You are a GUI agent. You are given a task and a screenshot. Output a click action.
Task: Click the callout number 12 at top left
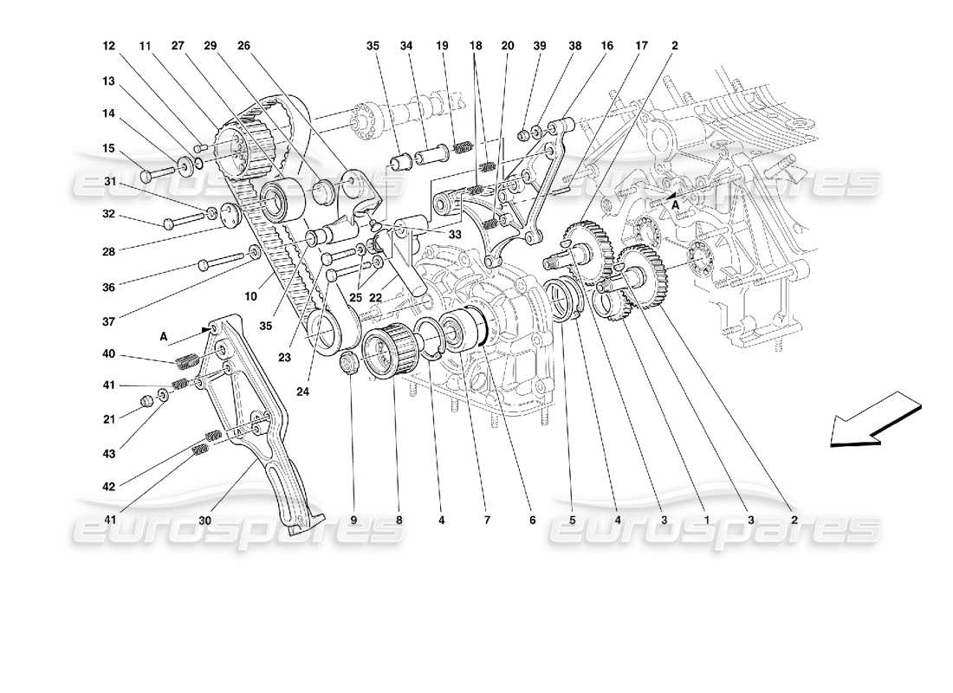(x=108, y=46)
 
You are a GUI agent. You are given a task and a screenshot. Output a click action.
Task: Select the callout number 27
(x=178, y=46)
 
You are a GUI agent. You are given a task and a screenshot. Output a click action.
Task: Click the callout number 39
(x=540, y=46)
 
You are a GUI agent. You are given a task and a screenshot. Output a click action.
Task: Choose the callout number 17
(x=642, y=46)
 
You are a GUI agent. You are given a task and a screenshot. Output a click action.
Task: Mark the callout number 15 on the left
(x=108, y=148)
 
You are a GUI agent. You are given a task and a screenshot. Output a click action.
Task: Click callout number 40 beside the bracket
(x=108, y=353)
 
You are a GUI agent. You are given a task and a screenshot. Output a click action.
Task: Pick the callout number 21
(x=108, y=420)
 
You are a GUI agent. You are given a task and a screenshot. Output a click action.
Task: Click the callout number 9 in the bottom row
(x=354, y=521)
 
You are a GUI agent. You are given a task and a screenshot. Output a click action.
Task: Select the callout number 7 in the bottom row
(x=487, y=521)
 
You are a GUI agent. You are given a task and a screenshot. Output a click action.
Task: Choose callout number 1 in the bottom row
(x=706, y=521)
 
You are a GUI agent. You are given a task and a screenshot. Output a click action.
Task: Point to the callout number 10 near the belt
(x=250, y=296)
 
